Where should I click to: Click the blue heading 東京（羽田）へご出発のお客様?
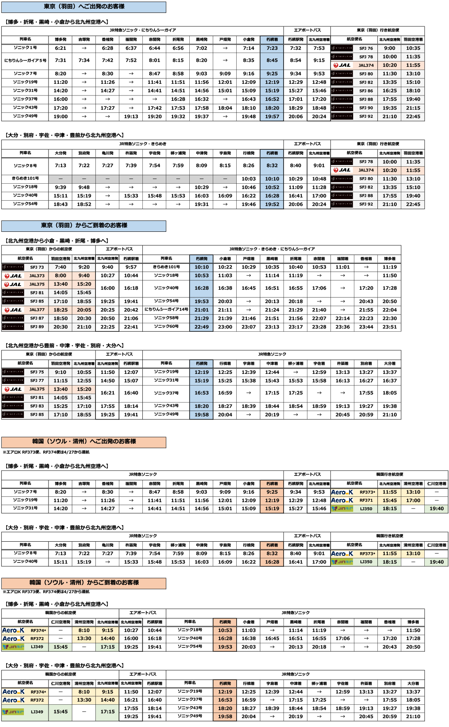pyautogui.click(x=84, y=7)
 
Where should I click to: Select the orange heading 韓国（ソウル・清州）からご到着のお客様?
pyautogui.click(x=84, y=583)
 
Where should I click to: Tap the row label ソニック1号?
pyautogui.click(x=25, y=48)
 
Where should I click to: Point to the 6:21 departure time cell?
pyautogui.click(x=61, y=48)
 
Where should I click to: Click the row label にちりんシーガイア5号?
pyautogui.click(x=25, y=60)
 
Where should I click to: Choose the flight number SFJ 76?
pyautogui.click(x=366, y=48)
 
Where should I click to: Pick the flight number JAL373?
pyautogui.click(x=37, y=276)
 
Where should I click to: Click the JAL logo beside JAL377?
pyautogui.click(x=13, y=310)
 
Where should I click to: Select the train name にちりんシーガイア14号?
pyautogui.click(x=166, y=309)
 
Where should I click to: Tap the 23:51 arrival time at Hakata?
pyautogui.click(x=390, y=327)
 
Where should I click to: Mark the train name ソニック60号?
pyautogui.click(x=166, y=326)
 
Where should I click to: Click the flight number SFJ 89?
pyautogui.click(x=37, y=327)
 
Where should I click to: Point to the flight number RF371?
pyautogui.click(x=366, y=500)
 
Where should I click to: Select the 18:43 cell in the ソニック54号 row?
pyautogui.click(x=61, y=204)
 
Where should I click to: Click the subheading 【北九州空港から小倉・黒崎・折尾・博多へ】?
pyautogui.click(x=57, y=241)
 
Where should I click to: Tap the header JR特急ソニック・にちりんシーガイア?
pyautogui.click(x=142, y=30)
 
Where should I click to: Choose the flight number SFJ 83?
pyautogui.click(x=37, y=406)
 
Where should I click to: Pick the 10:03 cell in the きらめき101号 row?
pyautogui.click(x=248, y=179)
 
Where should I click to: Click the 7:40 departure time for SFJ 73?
pyautogui.click(x=61, y=267)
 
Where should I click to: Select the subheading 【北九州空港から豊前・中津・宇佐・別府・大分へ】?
pyautogui.click(x=65, y=345)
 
